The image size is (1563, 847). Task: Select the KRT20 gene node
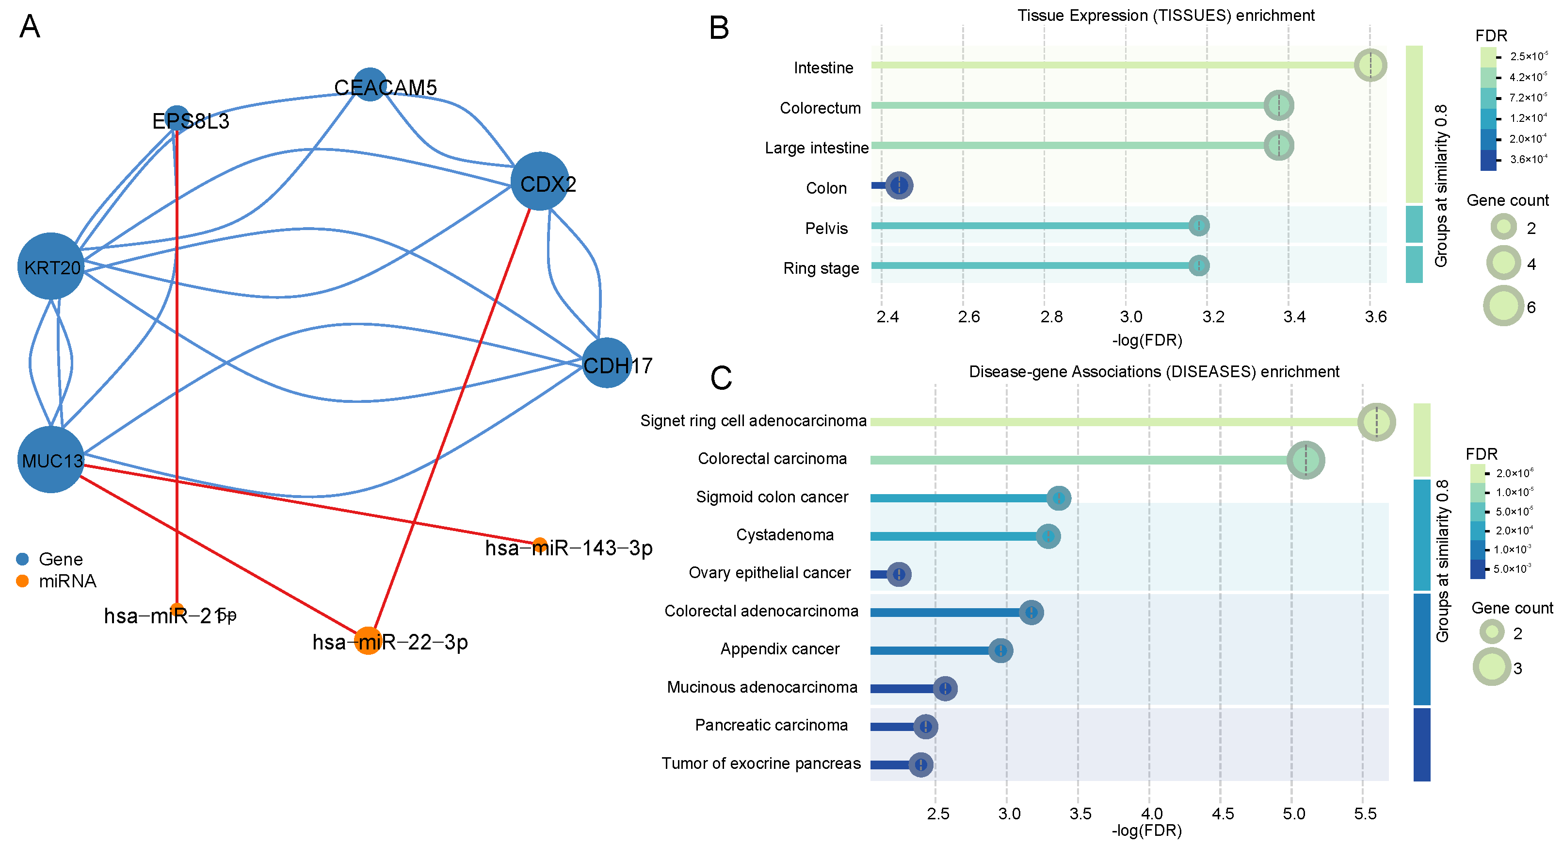pyautogui.click(x=51, y=266)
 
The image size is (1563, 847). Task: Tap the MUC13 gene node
pyautogui.click(x=51, y=460)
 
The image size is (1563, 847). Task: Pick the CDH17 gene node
pyautogui.click(x=606, y=363)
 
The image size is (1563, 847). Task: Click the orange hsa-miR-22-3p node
pyautogui.click(x=368, y=641)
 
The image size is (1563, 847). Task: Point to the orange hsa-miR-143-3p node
pyautogui.click(x=539, y=545)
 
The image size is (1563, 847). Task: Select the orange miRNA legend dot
pyautogui.click(x=22, y=581)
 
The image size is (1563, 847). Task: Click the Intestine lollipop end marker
pyautogui.click(x=1370, y=65)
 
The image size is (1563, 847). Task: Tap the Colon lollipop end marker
pyautogui.click(x=899, y=185)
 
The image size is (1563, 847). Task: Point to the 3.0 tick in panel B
pyautogui.click(x=1131, y=317)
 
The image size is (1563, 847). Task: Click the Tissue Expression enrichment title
pyautogui.click(x=1165, y=15)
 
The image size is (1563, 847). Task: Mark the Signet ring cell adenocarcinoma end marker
pyautogui.click(x=1376, y=422)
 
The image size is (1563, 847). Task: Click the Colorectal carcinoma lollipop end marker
pyautogui.click(x=1306, y=460)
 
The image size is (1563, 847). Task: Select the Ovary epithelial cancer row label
pyautogui.click(x=769, y=573)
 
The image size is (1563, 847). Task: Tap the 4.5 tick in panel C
pyautogui.click(x=1223, y=814)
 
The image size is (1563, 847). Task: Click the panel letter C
pyautogui.click(x=721, y=378)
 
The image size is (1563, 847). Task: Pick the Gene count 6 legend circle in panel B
pyautogui.click(x=1503, y=305)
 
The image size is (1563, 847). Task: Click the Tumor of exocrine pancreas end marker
pyautogui.click(x=920, y=764)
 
